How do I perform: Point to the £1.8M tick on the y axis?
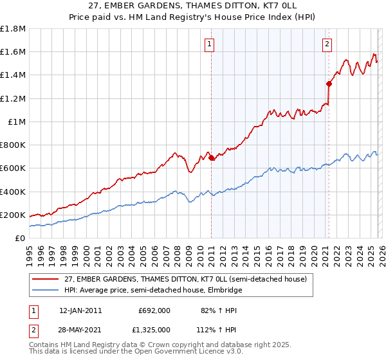click(x=13, y=29)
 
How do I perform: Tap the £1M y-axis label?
click(x=17, y=122)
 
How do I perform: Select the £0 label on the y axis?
click(x=20, y=238)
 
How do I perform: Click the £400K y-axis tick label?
click(x=13, y=192)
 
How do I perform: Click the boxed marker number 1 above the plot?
click(x=210, y=44)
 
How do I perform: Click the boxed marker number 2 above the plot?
click(x=327, y=44)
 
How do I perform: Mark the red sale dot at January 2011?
click(x=211, y=157)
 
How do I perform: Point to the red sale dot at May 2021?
click(x=328, y=84)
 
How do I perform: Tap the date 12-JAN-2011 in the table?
click(x=80, y=310)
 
